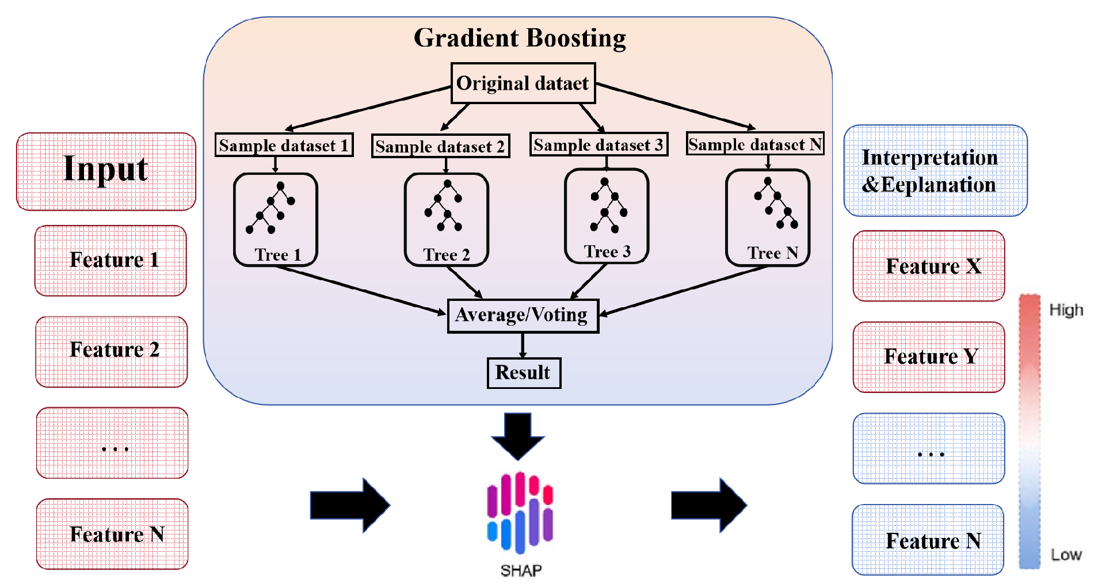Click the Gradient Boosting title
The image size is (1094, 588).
coord(520,38)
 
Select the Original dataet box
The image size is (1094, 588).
coord(523,83)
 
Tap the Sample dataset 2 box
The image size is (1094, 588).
coord(440,146)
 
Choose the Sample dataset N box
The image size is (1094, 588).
coord(755,144)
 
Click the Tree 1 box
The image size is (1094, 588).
coord(276,219)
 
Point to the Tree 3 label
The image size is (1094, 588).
coord(607,251)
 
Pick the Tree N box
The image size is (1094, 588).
coord(768,217)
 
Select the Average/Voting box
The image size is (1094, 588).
coord(523,315)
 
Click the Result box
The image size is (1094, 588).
coord(523,373)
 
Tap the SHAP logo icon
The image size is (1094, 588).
coord(520,511)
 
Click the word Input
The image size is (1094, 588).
coord(106,169)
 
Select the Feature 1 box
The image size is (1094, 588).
coord(111,261)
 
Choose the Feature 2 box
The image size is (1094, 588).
coord(112,351)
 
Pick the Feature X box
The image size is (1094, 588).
coord(929,266)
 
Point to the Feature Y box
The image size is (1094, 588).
coord(929,357)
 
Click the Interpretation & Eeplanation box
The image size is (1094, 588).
coord(935,171)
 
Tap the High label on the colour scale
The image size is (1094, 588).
coord(1065,310)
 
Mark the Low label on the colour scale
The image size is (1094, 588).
coord(1066,555)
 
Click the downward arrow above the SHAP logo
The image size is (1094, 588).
coord(518,436)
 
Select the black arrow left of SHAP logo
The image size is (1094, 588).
coord(350,505)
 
